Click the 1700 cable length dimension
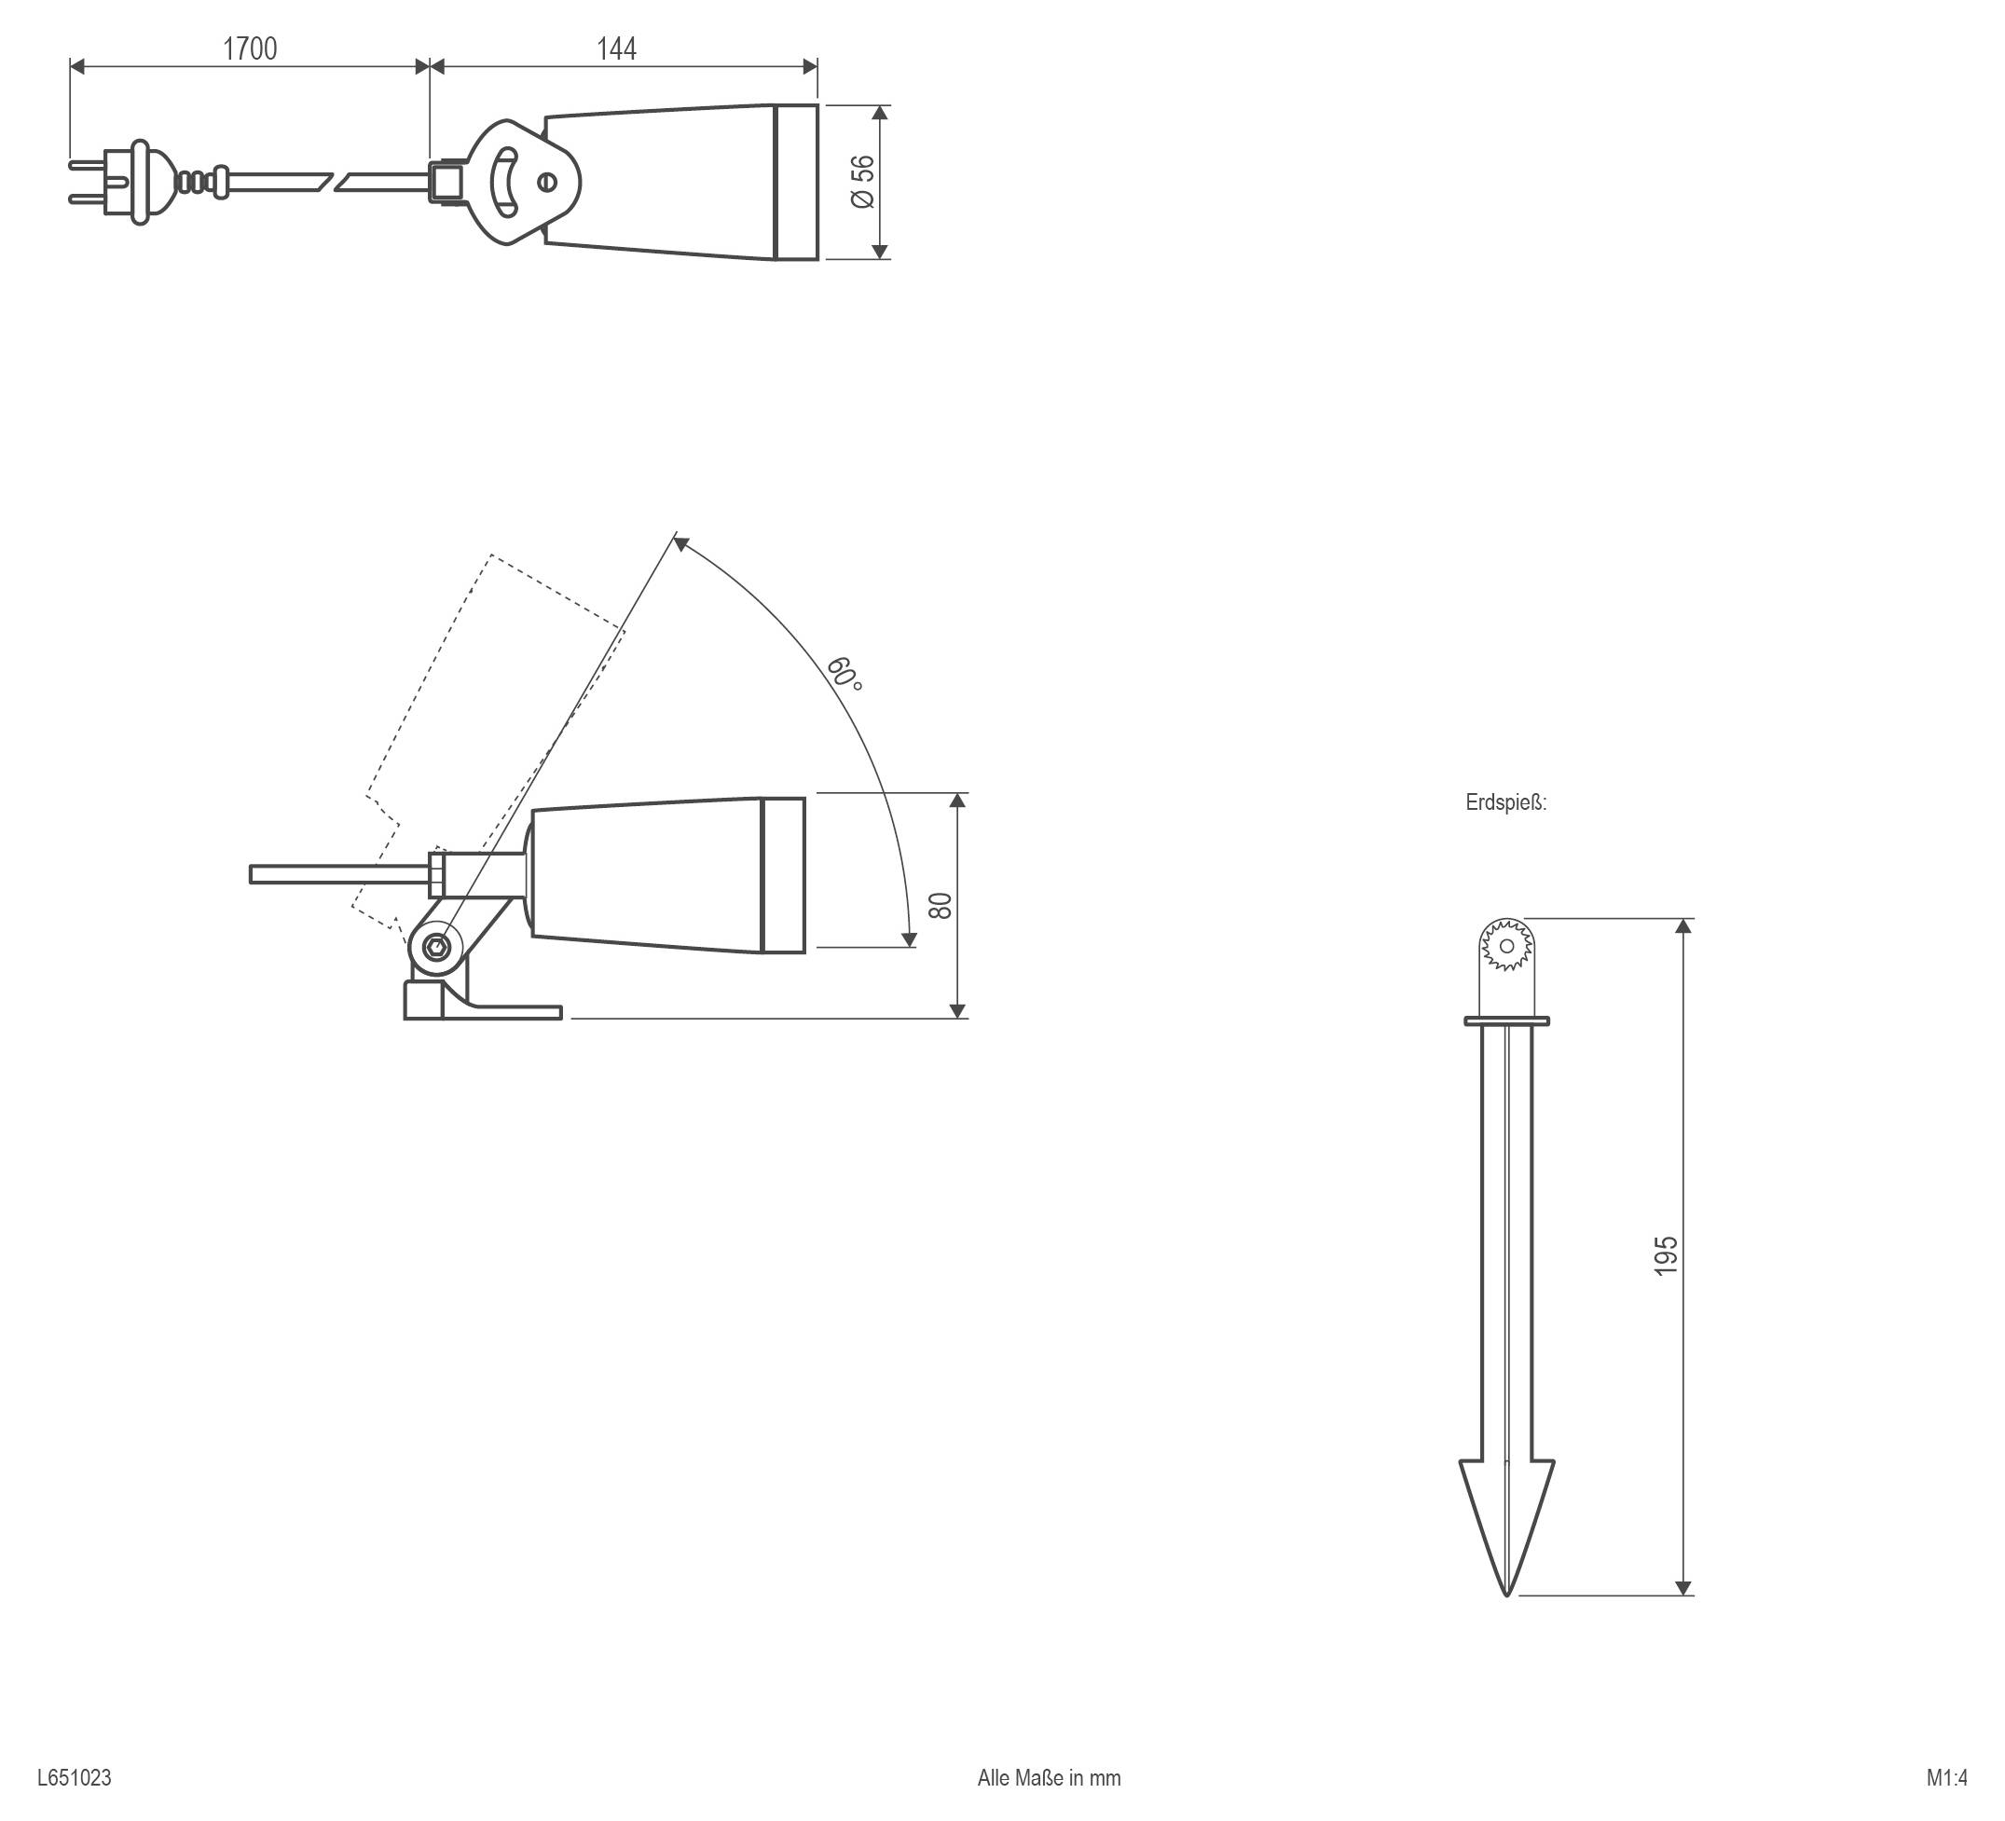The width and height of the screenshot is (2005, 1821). click(250, 48)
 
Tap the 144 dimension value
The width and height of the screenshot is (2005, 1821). click(617, 48)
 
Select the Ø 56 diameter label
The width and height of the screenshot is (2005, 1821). click(863, 181)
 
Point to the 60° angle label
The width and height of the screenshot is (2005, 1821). click(845, 673)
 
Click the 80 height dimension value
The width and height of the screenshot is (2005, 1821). click(940, 905)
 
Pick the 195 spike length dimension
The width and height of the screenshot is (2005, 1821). click(1666, 1256)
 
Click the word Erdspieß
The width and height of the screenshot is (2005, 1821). click(1505, 802)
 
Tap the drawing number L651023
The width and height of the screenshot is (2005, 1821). click(75, 1777)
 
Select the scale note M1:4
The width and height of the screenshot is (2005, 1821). click(1946, 1777)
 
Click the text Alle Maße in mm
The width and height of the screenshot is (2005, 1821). click(1050, 1777)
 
